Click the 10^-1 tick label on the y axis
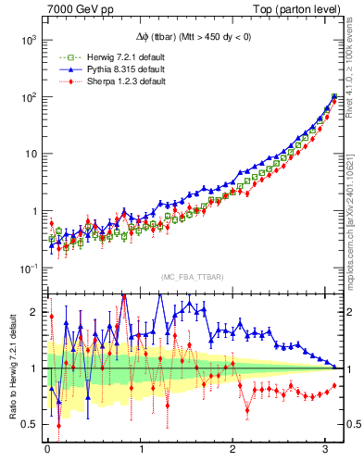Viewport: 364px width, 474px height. pos(26,268)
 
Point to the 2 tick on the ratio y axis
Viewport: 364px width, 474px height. pos(33,312)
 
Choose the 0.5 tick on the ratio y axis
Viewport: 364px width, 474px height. pos(29,424)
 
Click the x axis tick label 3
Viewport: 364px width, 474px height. pos(325,451)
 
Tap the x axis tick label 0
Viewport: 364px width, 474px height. pos(48,451)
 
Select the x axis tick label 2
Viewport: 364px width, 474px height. pos(232,451)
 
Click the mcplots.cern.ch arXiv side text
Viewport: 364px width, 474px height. pos(355,213)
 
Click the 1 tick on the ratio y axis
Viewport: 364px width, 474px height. pos(33,368)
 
